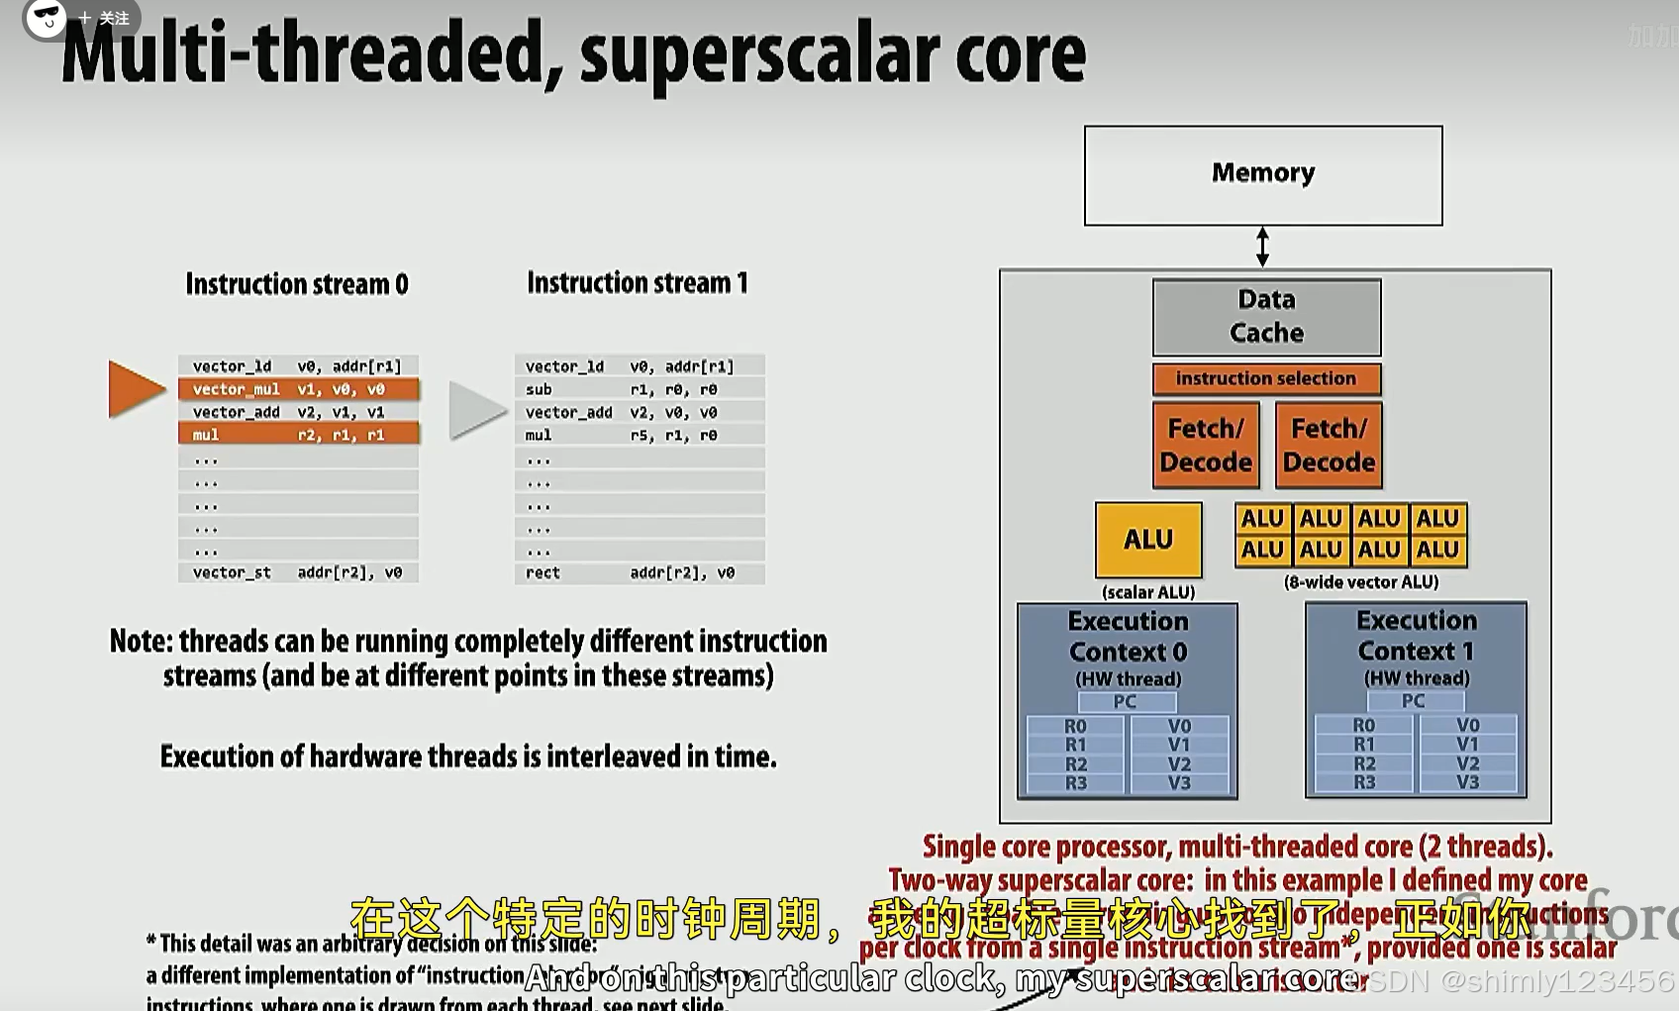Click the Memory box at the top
click(x=1263, y=175)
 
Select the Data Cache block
click(x=1266, y=317)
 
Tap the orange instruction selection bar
click(x=1266, y=378)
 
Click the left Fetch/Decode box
click(x=1206, y=445)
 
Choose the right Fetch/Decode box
click(x=1329, y=445)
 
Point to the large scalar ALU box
click(x=1148, y=540)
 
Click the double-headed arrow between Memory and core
click(x=1262, y=247)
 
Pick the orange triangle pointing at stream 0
click(x=136, y=388)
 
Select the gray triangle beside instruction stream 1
click(x=476, y=409)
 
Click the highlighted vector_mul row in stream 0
click(x=298, y=389)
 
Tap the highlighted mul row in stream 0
click(x=298, y=435)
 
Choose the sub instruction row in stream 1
click(x=639, y=389)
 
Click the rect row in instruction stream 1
click(x=639, y=572)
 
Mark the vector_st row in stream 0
click(x=298, y=572)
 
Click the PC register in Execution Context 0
click(x=1126, y=702)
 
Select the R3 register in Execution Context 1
click(x=1364, y=782)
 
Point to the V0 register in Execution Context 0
click(x=1179, y=726)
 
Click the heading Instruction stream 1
click(x=638, y=283)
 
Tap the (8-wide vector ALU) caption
click(x=1361, y=582)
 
